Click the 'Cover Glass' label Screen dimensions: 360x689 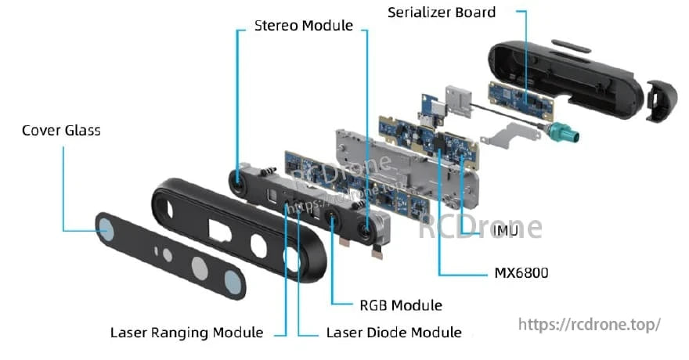61,130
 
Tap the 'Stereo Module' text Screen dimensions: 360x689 304,26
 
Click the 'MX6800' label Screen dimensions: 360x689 521,273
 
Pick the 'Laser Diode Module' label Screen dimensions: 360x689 393,333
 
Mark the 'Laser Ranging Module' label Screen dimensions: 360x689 186,333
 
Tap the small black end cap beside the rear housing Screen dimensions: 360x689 660,100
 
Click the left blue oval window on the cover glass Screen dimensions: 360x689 104,228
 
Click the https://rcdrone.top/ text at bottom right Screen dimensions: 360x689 590,323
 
